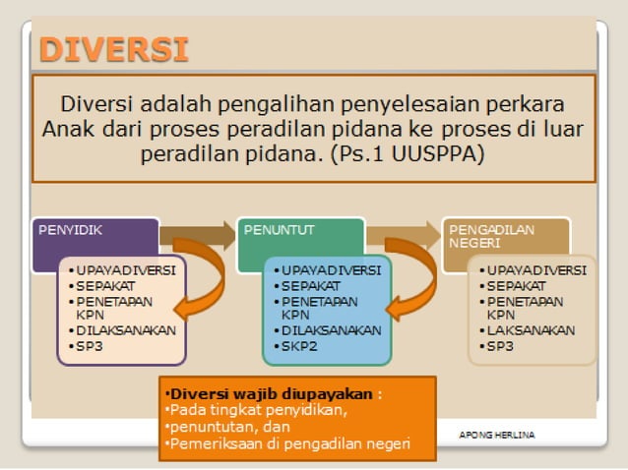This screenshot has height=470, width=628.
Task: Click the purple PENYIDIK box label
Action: point(71,230)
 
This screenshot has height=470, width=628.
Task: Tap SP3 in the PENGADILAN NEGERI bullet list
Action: point(499,345)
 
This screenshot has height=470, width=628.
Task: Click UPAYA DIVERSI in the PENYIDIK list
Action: point(126,269)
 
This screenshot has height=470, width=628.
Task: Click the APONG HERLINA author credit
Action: point(497,434)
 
